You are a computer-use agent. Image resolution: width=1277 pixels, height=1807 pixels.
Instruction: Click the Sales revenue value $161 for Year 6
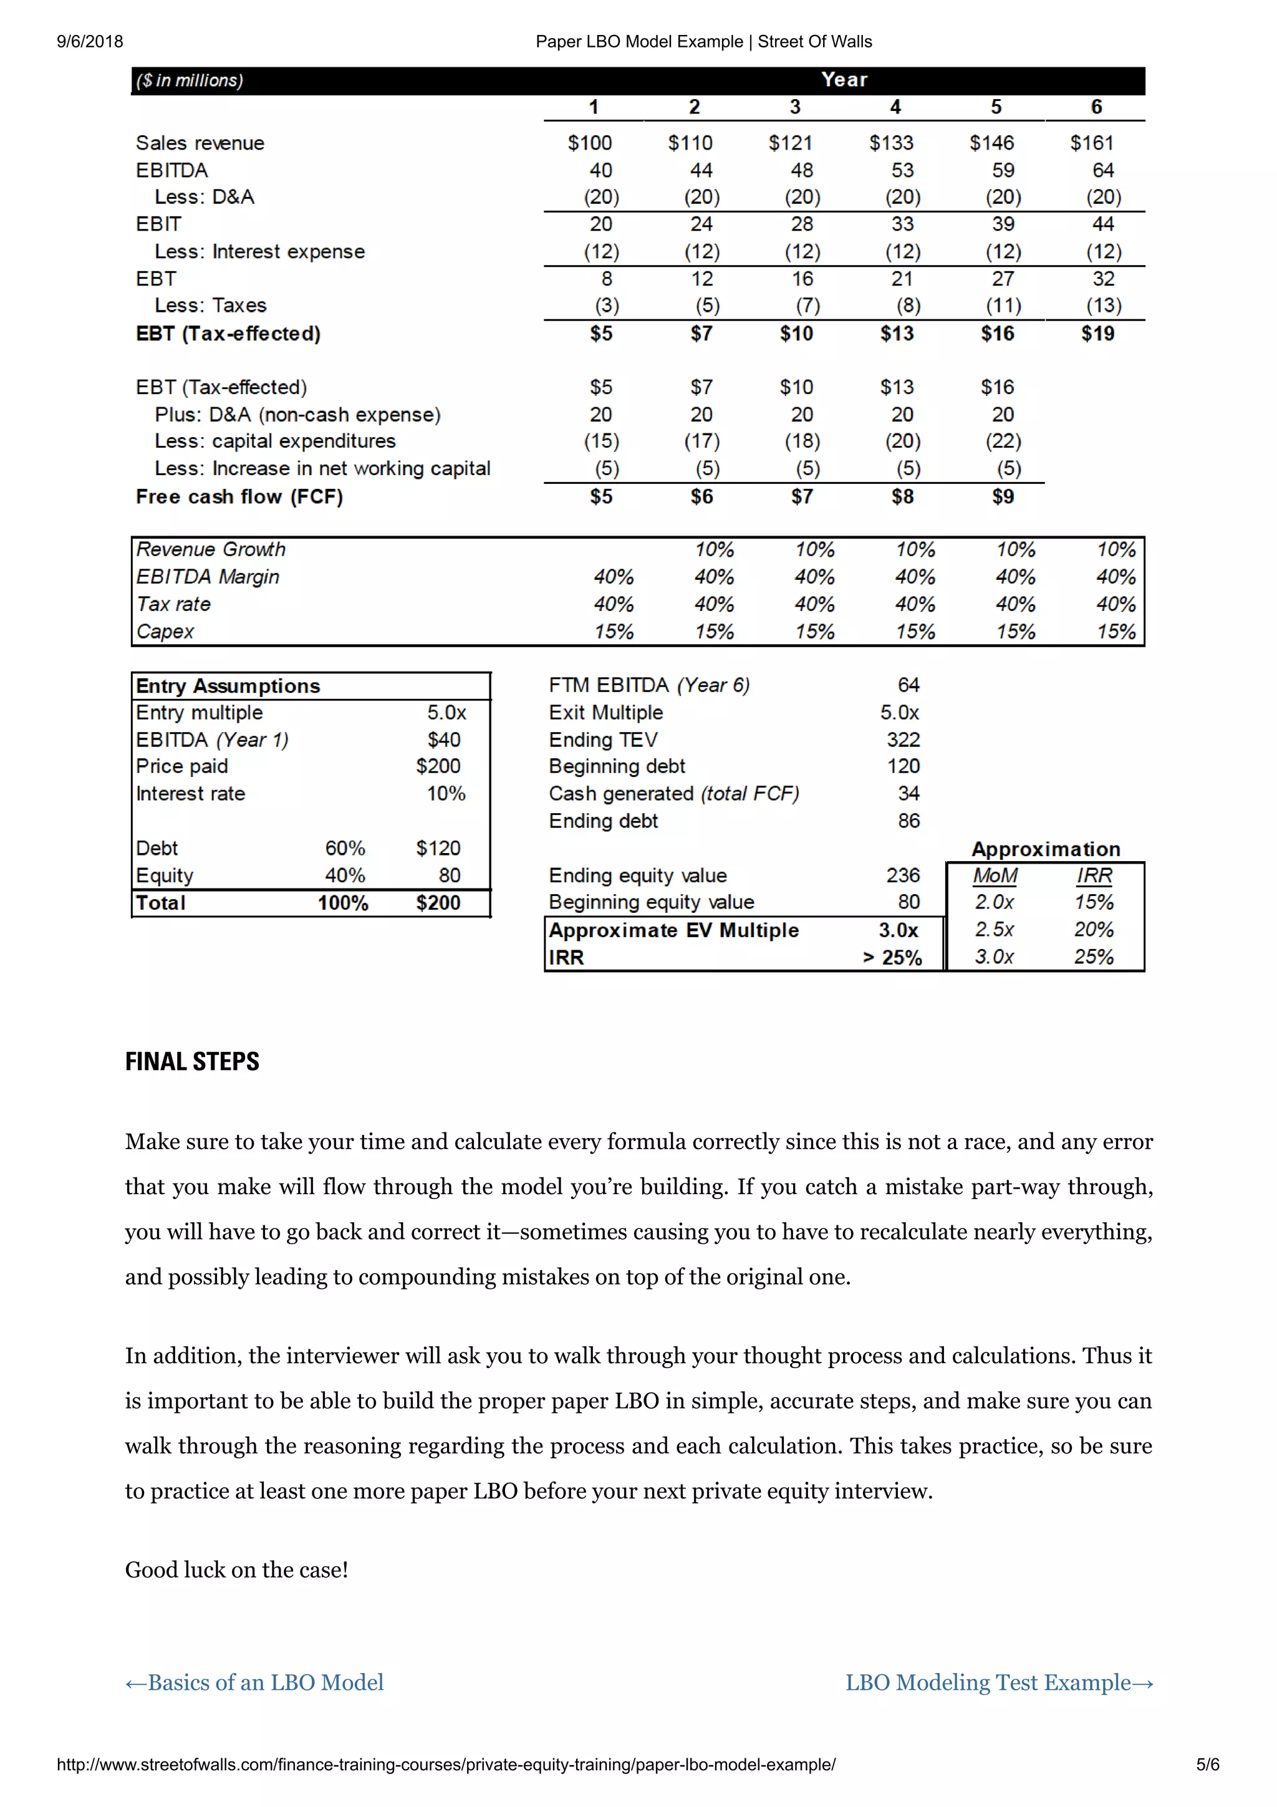pyautogui.click(x=1091, y=143)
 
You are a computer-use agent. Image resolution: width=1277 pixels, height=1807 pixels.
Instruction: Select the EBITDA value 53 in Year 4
pyautogui.click(x=902, y=171)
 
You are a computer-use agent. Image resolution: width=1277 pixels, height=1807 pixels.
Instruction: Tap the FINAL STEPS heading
pyautogui.click(x=192, y=1062)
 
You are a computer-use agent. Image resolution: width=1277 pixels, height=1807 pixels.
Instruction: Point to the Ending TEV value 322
pyautogui.click(x=902, y=740)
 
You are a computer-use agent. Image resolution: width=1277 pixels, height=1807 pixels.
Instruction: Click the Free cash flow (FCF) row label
pyautogui.click(x=239, y=496)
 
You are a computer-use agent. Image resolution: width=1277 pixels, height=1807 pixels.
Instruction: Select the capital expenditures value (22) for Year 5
pyautogui.click(x=1003, y=441)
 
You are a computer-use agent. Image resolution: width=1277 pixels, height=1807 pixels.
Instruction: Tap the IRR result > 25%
pyautogui.click(x=892, y=958)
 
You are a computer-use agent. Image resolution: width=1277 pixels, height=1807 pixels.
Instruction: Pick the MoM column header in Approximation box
pyautogui.click(x=995, y=875)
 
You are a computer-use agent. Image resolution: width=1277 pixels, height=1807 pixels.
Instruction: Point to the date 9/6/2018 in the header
pyautogui.click(x=90, y=42)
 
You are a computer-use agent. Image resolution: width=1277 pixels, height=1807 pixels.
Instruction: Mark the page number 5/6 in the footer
pyautogui.click(x=1207, y=1765)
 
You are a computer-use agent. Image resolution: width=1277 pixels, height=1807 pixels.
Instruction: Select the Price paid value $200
pyautogui.click(x=438, y=766)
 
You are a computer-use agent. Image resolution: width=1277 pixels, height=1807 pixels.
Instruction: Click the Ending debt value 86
pyautogui.click(x=908, y=821)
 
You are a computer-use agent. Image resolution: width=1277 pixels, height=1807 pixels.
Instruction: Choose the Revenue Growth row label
pyautogui.click(x=211, y=549)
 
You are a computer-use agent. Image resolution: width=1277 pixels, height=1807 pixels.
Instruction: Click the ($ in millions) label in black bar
pyautogui.click(x=190, y=81)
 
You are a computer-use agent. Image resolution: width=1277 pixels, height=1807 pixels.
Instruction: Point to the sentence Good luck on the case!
pyautogui.click(x=236, y=1569)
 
